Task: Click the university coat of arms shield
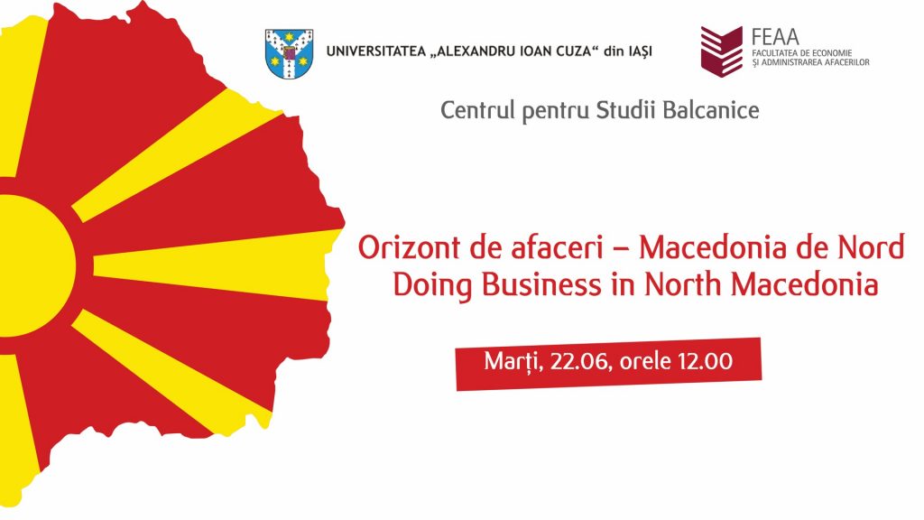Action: point(289,53)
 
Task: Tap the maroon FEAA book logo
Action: point(721,51)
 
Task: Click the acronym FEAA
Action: point(775,36)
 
